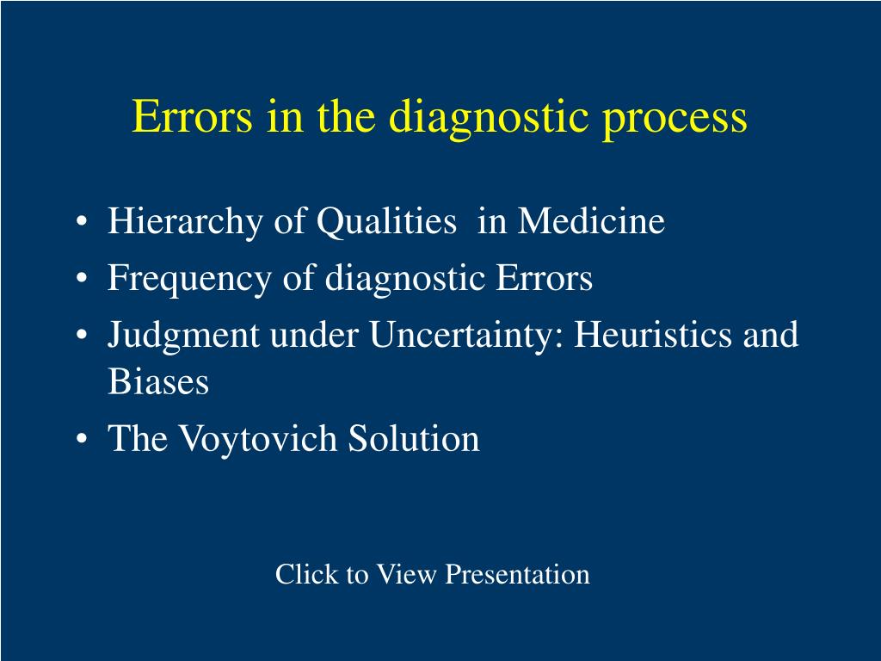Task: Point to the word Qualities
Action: pyautogui.click(x=386, y=223)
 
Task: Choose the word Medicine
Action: pyautogui.click(x=591, y=222)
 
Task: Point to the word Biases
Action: pyautogui.click(x=158, y=382)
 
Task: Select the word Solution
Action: pyautogui.click(x=414, y=439)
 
